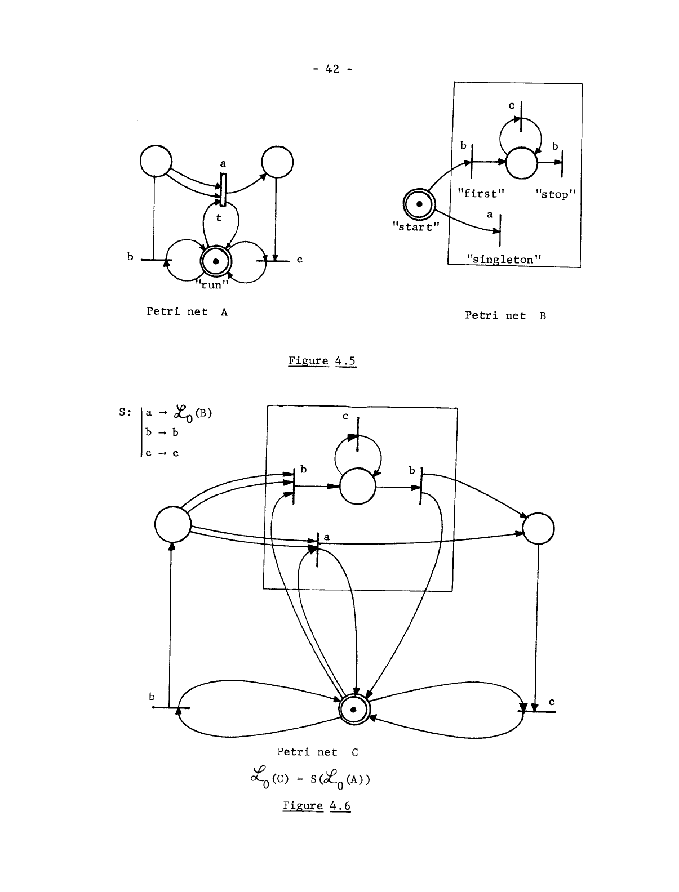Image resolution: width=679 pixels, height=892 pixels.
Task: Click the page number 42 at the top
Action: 332,69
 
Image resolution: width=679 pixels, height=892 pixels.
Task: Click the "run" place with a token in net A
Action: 216,260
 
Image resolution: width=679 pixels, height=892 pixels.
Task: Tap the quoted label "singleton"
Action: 503,259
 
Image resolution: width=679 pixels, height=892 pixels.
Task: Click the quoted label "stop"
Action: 555,194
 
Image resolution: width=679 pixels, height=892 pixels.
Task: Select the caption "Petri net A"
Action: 187,311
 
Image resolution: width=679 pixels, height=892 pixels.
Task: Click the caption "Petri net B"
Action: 505,315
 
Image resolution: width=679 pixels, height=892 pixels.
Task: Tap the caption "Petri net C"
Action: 317,752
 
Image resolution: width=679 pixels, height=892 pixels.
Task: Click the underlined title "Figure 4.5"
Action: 322,361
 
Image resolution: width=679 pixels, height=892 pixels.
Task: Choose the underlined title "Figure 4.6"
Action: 316,806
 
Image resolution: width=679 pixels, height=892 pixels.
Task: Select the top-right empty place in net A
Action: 277,162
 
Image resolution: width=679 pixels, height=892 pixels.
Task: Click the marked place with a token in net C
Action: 353,710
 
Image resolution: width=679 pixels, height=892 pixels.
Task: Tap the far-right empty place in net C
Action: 538,529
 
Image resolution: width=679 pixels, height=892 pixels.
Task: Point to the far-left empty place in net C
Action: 172,523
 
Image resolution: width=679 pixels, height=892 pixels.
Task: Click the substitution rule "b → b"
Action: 162,432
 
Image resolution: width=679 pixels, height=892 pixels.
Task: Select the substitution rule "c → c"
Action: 162,453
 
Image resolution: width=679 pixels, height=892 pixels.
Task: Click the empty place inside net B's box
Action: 521,163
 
